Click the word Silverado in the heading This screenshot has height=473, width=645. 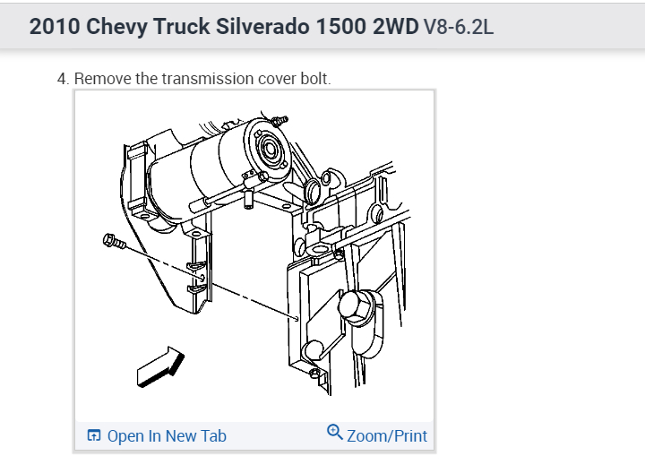click(x=262, y=27)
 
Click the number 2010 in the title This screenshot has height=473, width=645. click(x=55, y=27)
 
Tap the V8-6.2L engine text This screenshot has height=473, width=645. click(x=459, y=27)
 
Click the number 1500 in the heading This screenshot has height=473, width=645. click(x=341, y=27)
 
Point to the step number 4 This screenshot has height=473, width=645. click(x=63, y=79)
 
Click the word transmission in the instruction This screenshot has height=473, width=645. click(x=207, y=79)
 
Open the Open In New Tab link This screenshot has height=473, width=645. click(x=167, y=436)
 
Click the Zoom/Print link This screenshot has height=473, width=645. click(x=387, y=436)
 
